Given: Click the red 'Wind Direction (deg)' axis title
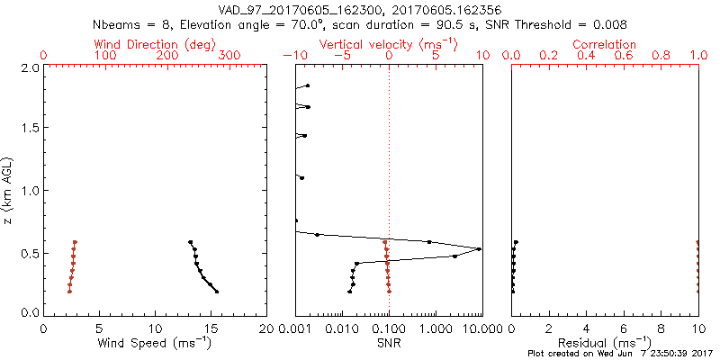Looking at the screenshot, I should tap(157, 44).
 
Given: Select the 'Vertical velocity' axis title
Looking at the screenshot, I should tap(389, 44).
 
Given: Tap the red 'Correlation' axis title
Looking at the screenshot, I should tap(605, 44).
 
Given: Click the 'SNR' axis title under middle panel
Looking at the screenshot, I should tap(389, 342).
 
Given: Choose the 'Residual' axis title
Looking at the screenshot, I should tap(605, 342).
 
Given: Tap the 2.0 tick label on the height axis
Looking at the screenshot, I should tap(29, 67).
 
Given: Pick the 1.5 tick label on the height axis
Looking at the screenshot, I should tap(29, 129).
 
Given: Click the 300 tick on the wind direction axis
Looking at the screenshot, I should tap(229, 56).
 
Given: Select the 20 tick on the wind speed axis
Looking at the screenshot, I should tap(266, 328).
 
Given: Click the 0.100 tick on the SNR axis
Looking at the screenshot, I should tap(389, 328).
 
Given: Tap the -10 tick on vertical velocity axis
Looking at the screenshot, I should tap(294, 56).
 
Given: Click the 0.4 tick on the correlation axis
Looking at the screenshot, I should tap(586, 56).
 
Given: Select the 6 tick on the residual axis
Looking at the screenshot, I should tap(624, 328).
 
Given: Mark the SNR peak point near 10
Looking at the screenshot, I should tap(479, 248).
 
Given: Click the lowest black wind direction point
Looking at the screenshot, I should tap(217, 291).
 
